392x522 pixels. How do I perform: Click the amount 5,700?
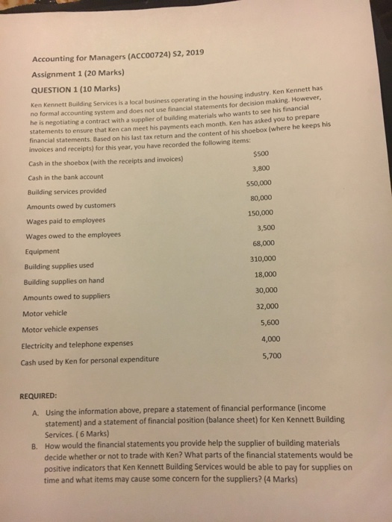click(272, 356)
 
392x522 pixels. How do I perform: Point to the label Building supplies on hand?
click(65, 281)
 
